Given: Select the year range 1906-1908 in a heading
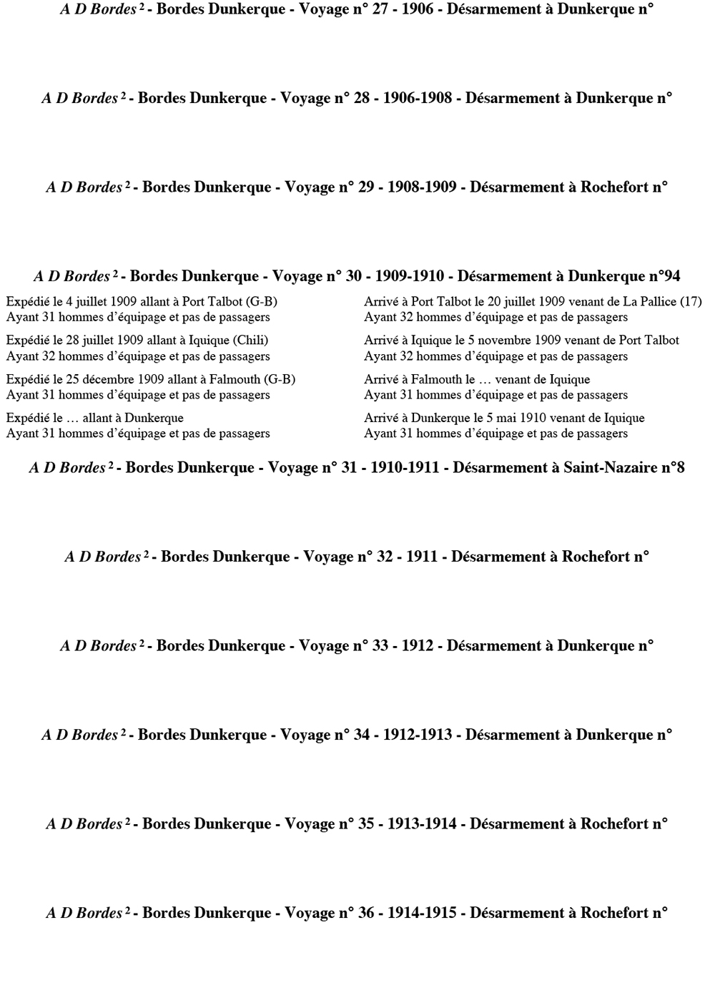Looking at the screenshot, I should tap(418, 99).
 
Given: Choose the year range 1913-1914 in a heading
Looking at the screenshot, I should tap(422, 824).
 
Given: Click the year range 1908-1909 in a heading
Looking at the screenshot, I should tap(422, 187).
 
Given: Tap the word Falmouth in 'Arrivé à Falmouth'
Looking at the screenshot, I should tap(437, 380).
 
